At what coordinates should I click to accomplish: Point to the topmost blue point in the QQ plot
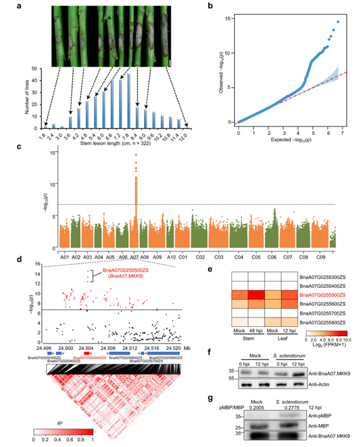338,22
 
